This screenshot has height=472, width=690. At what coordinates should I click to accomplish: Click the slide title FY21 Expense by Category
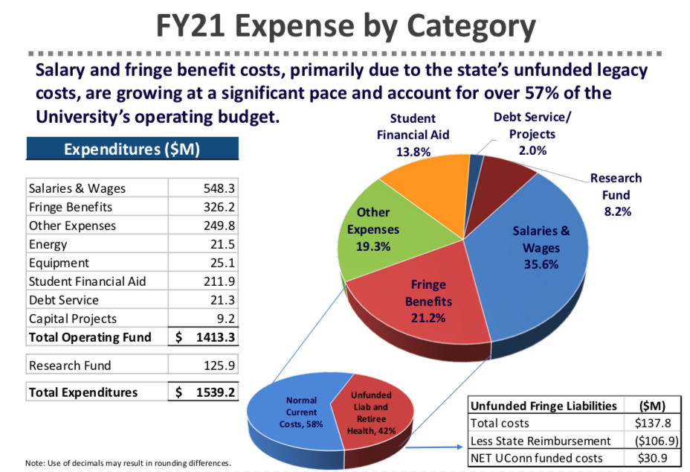point(345,27)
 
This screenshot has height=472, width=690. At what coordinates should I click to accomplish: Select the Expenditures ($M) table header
point(132,149)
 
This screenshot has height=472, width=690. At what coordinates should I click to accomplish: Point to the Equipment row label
point(59,263)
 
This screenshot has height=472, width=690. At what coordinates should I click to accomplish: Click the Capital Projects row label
point(72,319)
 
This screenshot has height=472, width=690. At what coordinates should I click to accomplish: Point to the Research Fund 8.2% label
point(616,194)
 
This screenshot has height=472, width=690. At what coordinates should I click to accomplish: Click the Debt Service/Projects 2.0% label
point(532,134)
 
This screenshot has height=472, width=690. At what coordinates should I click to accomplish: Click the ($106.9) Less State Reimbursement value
point(654,441)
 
